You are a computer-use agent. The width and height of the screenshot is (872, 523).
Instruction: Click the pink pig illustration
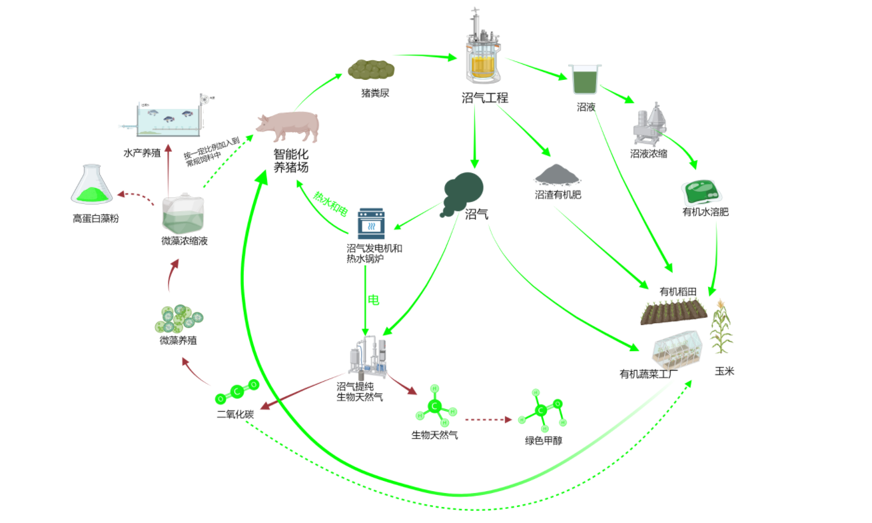click(x=288, y=125)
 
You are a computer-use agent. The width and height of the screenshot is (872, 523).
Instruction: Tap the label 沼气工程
click(x=484, y=97)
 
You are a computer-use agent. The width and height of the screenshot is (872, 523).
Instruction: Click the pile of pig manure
click(x=371, y=69)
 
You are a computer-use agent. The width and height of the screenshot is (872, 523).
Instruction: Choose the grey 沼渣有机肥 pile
click(x=558, y=175)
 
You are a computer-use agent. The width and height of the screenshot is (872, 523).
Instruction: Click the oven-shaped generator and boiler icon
click(x=371, y=223)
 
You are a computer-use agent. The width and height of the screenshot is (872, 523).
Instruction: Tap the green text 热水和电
click(x=331, y=204)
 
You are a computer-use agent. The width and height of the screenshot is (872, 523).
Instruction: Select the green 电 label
click(x=374, y=300)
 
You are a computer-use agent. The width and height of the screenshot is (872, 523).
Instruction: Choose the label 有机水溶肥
click(x=705, y=213)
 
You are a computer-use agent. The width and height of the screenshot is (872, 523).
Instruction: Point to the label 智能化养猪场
click(x=291, y=161)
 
